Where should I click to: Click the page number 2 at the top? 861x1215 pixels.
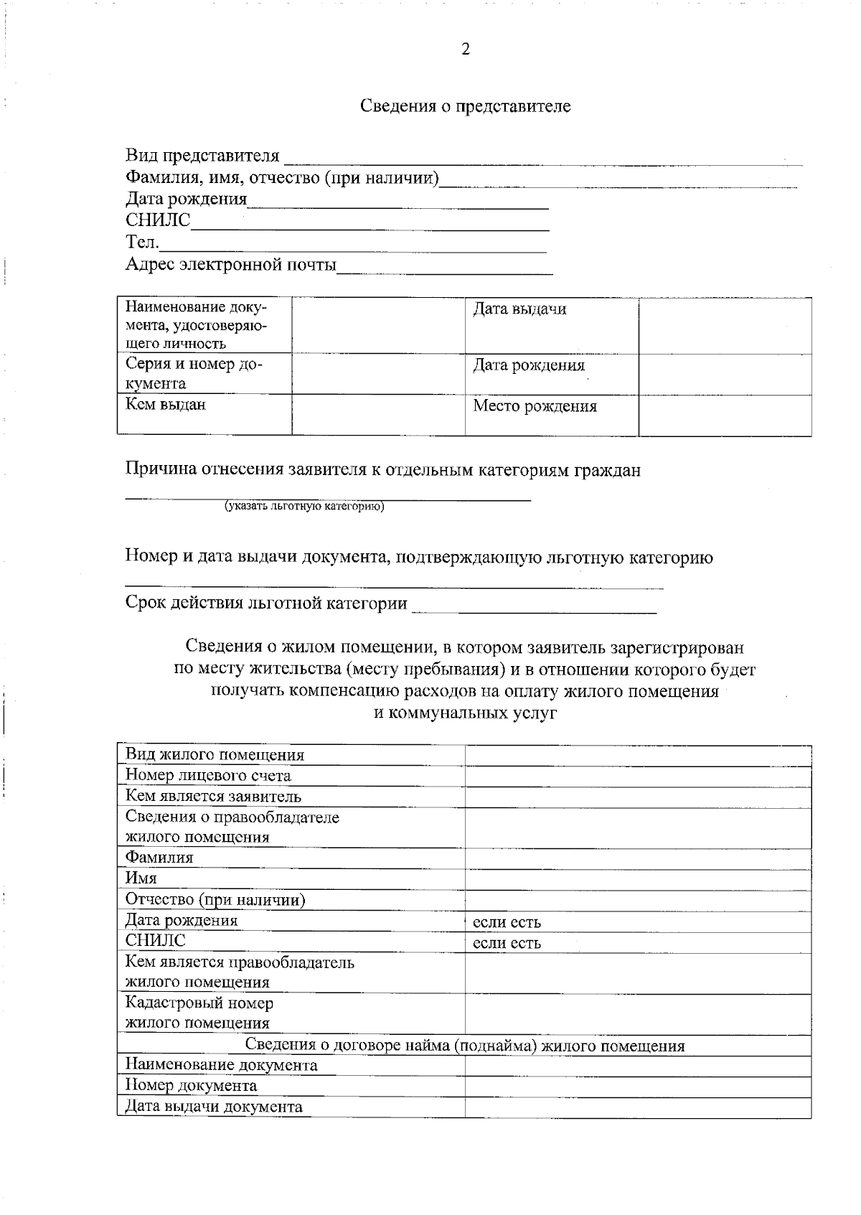[465, 50]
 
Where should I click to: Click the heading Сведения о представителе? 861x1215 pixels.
[465, 107]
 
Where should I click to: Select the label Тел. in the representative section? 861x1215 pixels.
[142, 243]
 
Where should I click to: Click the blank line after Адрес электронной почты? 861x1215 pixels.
[445, 267]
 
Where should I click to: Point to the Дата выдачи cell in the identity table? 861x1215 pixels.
[519, 309]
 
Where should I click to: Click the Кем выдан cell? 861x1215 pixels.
[166, 405]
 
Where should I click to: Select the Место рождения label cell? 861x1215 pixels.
[535, 407]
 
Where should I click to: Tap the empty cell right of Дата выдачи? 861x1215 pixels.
[725, 325]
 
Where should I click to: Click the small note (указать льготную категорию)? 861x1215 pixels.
[305, 507]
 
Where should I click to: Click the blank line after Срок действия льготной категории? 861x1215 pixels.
[534, 605]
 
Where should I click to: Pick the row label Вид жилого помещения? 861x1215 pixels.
[215, 755]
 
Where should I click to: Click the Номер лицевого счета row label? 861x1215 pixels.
[208, 776]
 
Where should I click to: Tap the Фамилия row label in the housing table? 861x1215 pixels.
[159, 858]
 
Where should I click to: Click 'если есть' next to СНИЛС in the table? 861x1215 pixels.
[507, 943]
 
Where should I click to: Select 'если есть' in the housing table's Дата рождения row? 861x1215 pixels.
[507, 922]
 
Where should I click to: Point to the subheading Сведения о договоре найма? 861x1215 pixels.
[465, 1046]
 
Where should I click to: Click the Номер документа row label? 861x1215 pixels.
[191, 1085]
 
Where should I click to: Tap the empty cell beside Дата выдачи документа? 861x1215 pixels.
[637, 1107]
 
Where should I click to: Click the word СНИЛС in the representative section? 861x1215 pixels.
[158, 220]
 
